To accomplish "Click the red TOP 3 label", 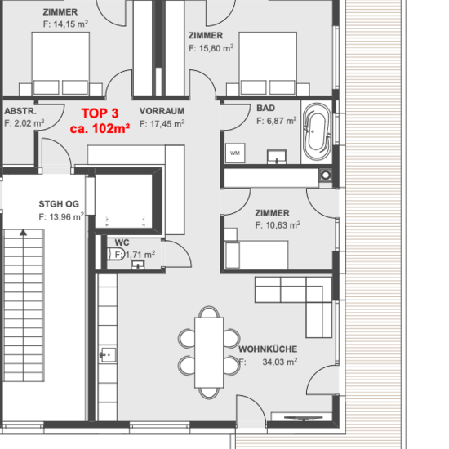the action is point(100,113).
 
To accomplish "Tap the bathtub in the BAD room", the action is point(317,131).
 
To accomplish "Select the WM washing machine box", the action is point(235,153).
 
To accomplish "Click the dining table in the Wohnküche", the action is point(209,353).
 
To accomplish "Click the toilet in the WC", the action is point(116,254).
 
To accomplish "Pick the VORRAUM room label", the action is point(162,111).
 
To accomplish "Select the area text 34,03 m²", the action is point(280,362).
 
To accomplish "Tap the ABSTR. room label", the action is point(20,111).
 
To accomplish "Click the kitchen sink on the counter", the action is point(108,355).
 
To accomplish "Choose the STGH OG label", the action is point(59,204).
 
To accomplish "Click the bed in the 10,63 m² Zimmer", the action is point(256,255).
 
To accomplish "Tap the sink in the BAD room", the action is point(277,157).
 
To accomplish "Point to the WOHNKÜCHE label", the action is point(268,349).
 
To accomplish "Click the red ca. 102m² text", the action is point(100,128).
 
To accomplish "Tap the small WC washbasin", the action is point(138,265).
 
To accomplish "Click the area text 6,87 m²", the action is point(282,121).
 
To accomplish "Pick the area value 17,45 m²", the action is point(167,124).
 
